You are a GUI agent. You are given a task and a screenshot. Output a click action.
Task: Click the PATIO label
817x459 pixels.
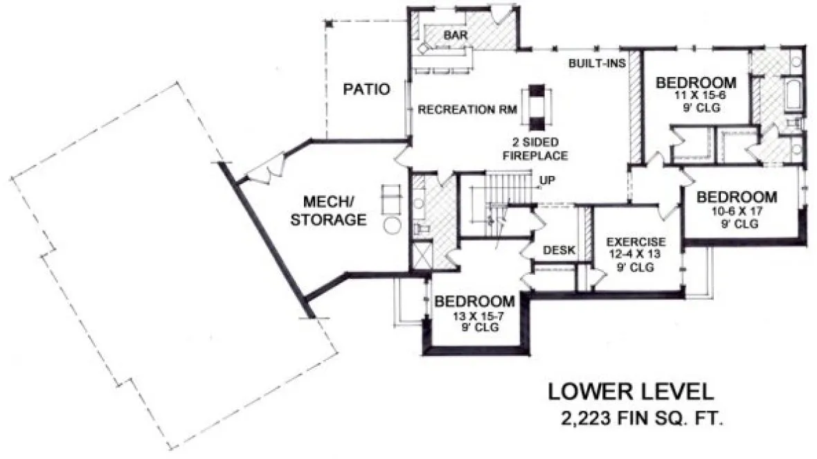point(366,89)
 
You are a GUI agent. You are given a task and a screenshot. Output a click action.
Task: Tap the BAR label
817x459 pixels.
point(454,35)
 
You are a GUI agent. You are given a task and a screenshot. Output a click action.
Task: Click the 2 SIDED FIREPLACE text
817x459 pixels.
point(537,149)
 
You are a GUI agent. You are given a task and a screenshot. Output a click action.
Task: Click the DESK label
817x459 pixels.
point(559,250)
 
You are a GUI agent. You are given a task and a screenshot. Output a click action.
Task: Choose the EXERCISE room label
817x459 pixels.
point(636,242)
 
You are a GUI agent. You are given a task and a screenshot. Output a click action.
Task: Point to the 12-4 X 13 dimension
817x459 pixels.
point(636,254)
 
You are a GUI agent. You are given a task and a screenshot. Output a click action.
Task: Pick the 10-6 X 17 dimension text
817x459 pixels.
point(735,212)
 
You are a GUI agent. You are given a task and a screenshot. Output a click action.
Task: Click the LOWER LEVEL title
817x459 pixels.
point(630,392)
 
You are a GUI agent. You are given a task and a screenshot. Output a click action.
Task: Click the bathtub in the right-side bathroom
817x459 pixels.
point(793,94)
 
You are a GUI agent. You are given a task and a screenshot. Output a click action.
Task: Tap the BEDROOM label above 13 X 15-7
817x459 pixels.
point(474,302)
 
